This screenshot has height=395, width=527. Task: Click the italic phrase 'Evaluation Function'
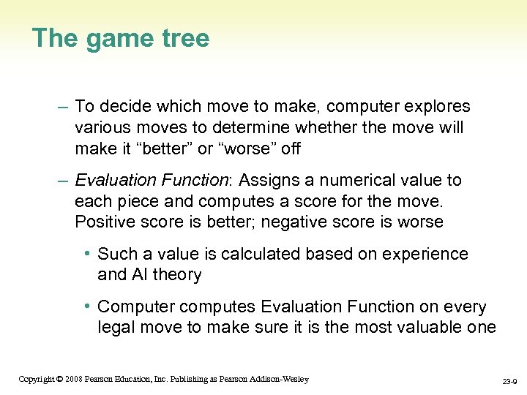tap(152, 180)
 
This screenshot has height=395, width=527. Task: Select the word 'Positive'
tap(105, 222)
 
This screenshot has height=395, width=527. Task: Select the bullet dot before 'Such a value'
tap(87, 254)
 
